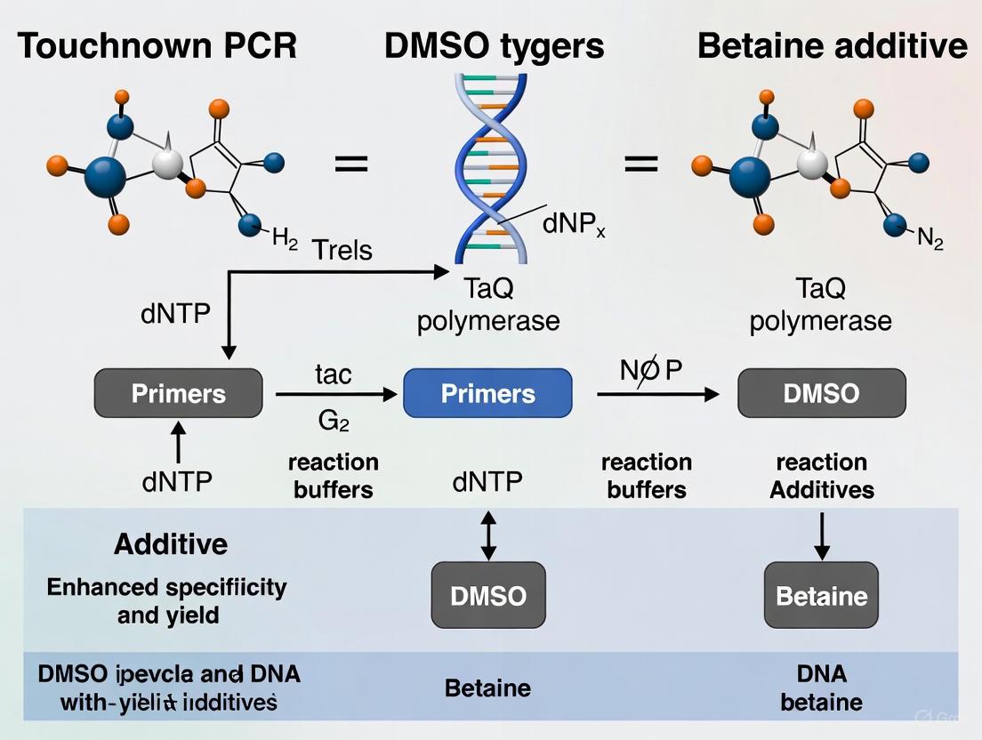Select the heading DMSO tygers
pyautogui.click(x=495, y=45)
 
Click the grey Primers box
pyautogui.click(x=179, y=393)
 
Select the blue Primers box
pyautogui.click(x=488, y=393)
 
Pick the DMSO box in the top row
pyautogui.click(x=821, y=393)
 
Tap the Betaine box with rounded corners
pyautogui.click(x=821, y=595)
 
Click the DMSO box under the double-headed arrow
pyautogui.click(x=488, y=595)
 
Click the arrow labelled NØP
pyautogui.click(x=658, y=393)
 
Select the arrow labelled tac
pyautogui.click(x=334, y=393)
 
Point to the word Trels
pyautogui.click(x=342, y=250)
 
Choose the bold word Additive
pyautogui.click(x=170, y=543)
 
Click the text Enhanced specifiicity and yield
pyautogui.click(x=167, y=600)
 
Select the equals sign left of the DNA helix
pyautogui.click(x=350, y=164)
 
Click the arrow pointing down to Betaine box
pyautogui.click(x=821, y=536)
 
